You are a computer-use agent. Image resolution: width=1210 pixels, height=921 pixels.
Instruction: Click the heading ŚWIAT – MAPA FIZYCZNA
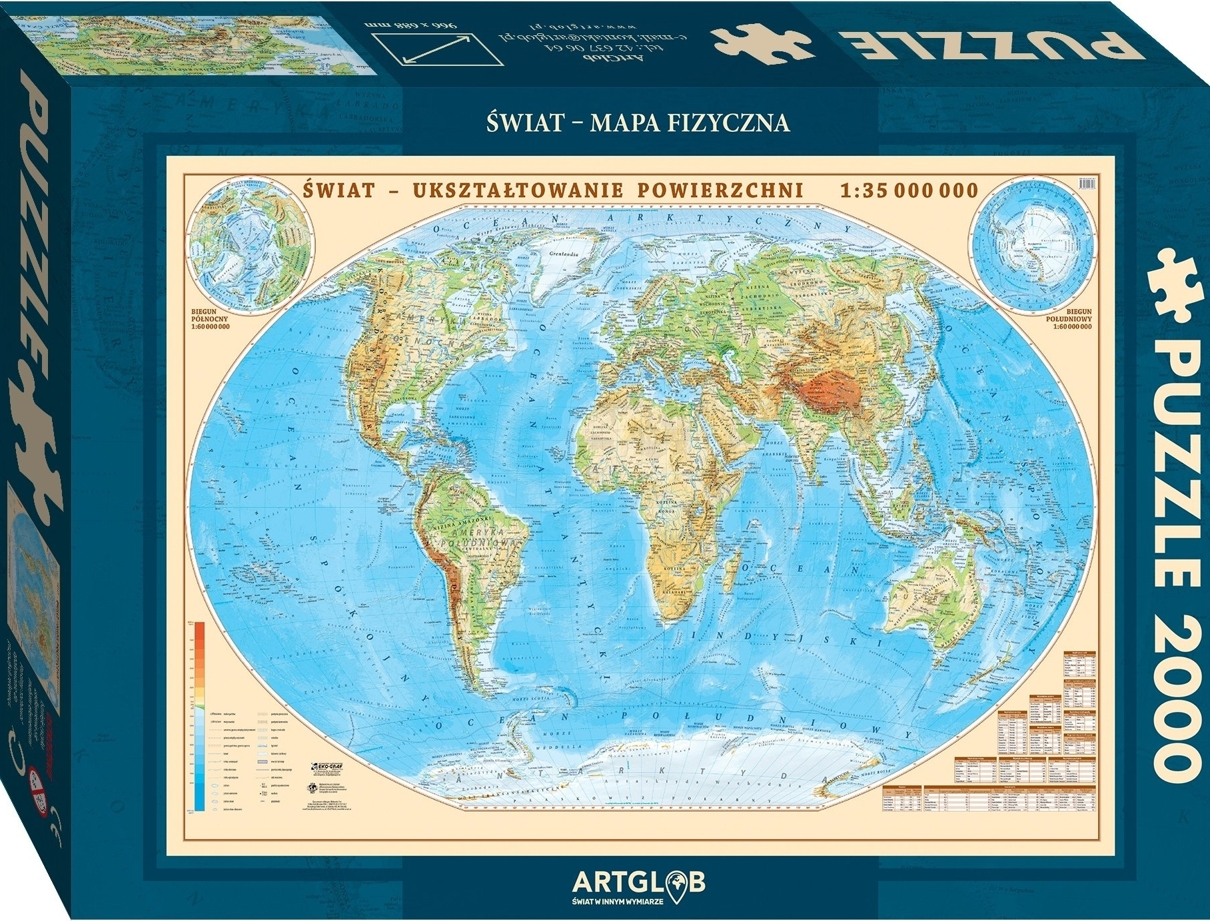(638, 123)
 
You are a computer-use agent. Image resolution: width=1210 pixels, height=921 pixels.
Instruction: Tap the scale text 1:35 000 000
(909, 190)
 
